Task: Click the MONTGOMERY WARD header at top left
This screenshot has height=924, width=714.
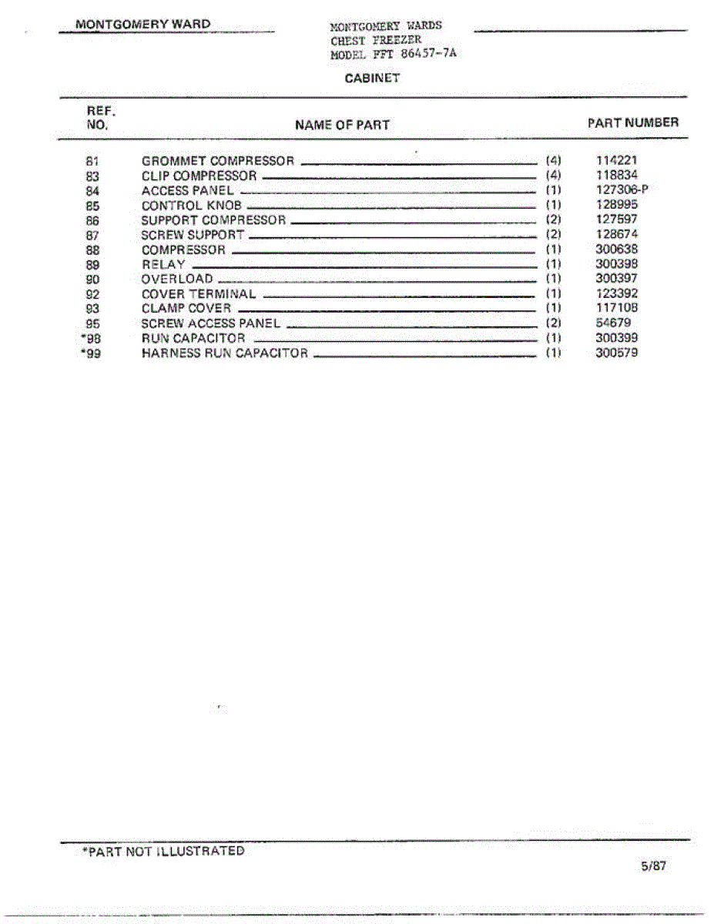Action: coord(142,24)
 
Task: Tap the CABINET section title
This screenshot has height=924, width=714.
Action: coord(373,79)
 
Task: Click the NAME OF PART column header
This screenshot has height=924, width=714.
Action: coord(342,125)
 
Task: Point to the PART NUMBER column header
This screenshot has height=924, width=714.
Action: coord(633,122)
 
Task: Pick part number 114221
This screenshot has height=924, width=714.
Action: coord(616,161)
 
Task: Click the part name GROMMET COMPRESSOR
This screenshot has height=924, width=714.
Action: coord(218,161)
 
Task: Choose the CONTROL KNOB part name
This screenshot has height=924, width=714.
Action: coord(192,206)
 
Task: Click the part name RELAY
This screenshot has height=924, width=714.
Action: coord(163,264)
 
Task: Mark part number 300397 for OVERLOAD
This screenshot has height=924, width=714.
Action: coord(616,279)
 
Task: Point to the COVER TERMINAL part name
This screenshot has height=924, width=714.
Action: coord(199,294)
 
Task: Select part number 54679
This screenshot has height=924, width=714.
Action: coord(613,323)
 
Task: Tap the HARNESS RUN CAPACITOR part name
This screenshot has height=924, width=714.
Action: coord(225,353)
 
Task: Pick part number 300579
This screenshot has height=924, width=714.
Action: coord(616,353)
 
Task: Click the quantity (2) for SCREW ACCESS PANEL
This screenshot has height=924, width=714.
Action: coord(553,323)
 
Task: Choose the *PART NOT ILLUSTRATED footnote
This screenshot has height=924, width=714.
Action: coord(163,852)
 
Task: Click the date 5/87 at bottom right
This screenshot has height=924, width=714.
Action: coord(653,866)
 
